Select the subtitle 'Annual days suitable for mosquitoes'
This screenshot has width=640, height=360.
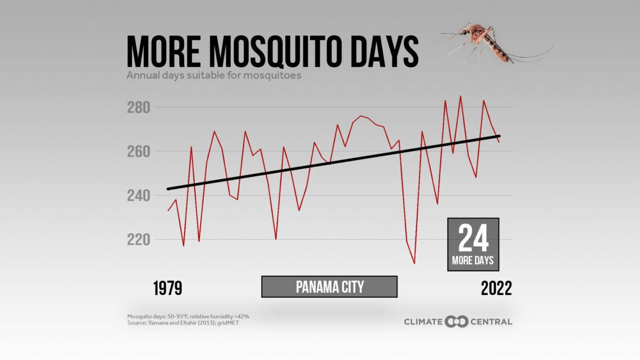[x=214, y=75]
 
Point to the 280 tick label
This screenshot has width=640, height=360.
[x=140, y=107]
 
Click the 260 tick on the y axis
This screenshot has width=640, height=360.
[x=140, y=152]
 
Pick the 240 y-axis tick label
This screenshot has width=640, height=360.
[x=140, y=195]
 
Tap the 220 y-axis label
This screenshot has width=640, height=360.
[x=140, y=240]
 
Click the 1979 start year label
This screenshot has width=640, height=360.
[x=167, y=288]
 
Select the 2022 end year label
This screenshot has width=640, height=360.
[x=496, y=288]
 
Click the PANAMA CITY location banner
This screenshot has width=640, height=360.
[x=330, y=287]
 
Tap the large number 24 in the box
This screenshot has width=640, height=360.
[x=473, y=239]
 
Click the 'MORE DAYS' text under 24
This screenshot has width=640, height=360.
[x=473, y=261]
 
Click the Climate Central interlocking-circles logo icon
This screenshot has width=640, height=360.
[x=456, y=322]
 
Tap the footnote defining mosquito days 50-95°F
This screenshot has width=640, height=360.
[x=188, y=316]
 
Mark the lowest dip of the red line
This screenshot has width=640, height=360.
[x=414, y=263]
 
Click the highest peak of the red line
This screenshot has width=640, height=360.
[x=460, y=96]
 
